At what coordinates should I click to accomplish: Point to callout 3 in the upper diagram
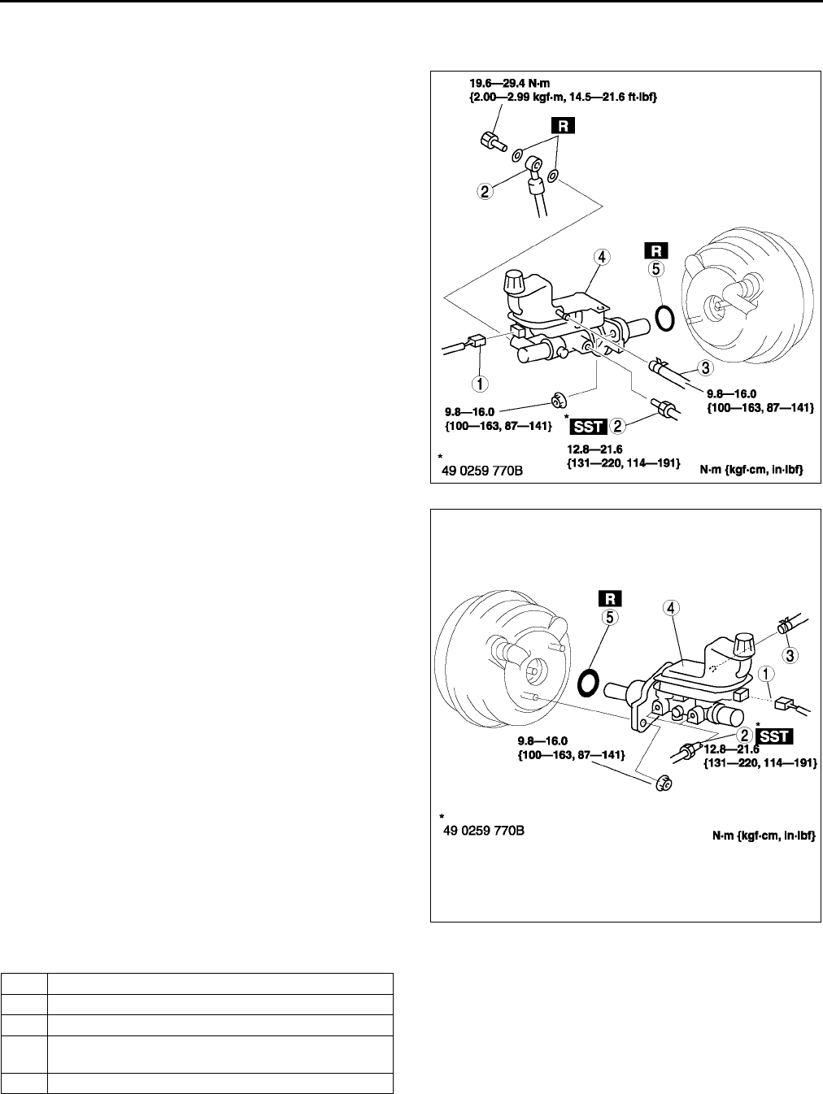pos(706,368)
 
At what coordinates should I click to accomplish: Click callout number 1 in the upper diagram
pos(481,381)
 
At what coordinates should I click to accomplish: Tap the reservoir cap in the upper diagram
pos(515,284)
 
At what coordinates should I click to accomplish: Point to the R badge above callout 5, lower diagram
pos(610,598)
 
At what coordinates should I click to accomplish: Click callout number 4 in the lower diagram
pos(673,607)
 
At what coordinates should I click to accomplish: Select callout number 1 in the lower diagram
pos(765,673)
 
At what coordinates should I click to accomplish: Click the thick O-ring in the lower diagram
pos(588,682)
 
